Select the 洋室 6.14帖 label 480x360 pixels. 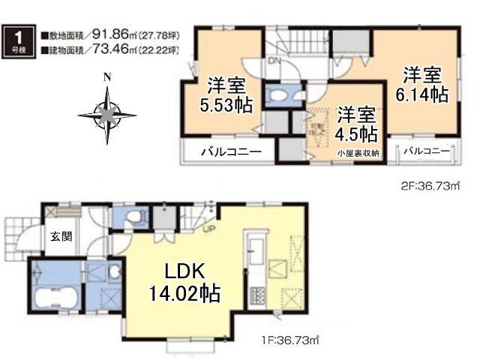(x=421, y=85)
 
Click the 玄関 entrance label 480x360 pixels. (x=61, y=236)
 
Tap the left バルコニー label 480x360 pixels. (x=230, y=152)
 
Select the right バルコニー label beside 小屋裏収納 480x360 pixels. (x=425, y=151)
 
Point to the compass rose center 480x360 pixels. (x=107, y=115)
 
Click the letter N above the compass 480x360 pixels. (x=107, y=76)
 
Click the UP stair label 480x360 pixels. (x=202, y=229)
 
